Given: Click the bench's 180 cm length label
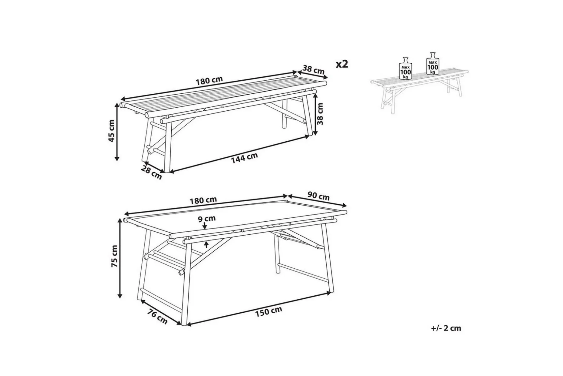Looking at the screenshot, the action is (209, 81).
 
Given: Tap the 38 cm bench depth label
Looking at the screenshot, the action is (314, 70).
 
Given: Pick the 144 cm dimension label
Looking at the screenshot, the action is (245, 158).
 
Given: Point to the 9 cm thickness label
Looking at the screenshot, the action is (207, 218).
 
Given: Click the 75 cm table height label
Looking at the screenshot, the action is (115, 256).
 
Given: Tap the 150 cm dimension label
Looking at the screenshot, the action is (268, 311).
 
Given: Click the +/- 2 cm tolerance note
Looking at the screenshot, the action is (446, 328).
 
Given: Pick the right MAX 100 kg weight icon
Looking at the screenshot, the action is (433, 63).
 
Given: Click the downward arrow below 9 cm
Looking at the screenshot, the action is (205, 225).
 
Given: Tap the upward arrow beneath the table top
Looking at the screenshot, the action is (206, 244).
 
